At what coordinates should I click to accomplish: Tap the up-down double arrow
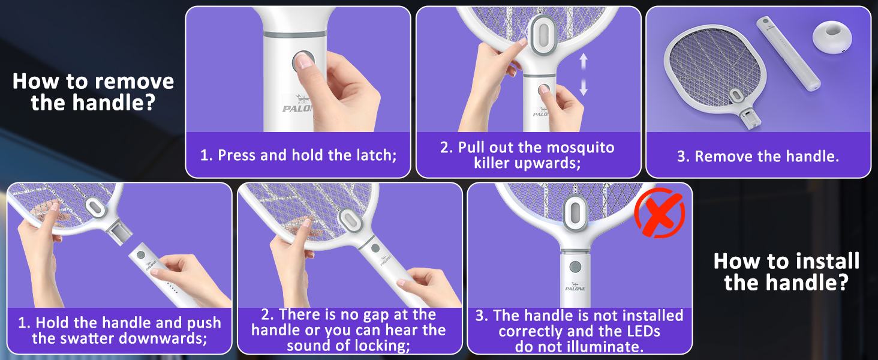pyautogui.click(x=583, y=74)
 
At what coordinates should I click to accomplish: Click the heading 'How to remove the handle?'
pyautogui.click(x=93, y=92)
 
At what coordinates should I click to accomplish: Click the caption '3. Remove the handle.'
pyautogui.click(x=757, y=157)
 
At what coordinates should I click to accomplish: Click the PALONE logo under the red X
pyautogui.click(x=575, y=287)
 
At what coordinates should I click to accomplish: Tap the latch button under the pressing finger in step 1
pyautogui.click(x=302, y=60)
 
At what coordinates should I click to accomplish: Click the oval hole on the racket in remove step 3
pyautogui.click(x=736, y=95)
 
